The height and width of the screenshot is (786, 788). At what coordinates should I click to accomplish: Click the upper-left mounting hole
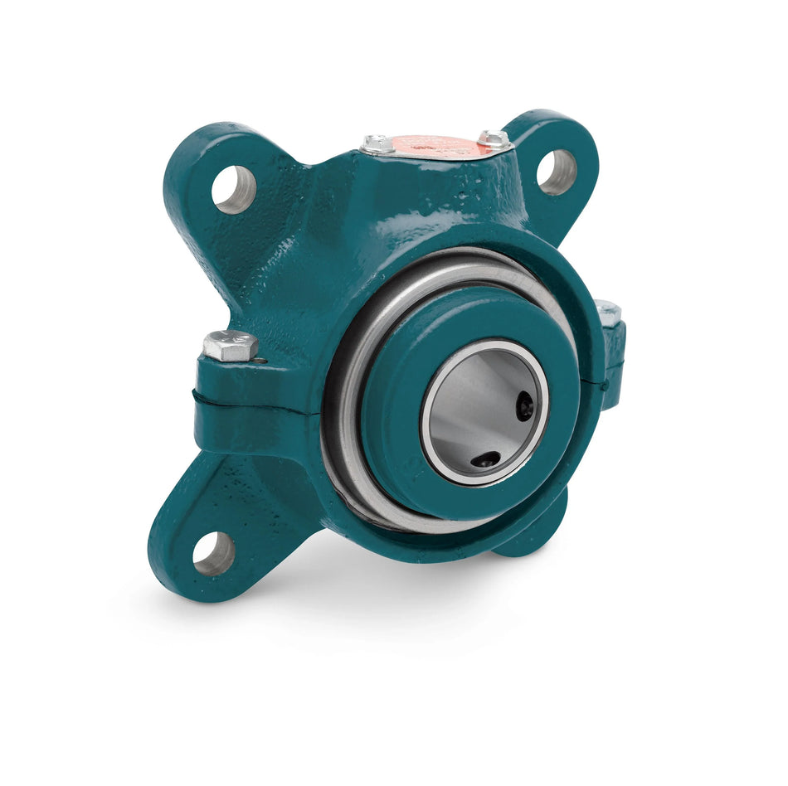point(233,188)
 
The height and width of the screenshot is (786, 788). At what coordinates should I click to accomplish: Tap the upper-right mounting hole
point(556,172)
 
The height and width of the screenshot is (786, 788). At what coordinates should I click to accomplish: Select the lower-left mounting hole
point(213,553)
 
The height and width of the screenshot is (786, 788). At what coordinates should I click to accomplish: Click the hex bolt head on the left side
point(230,345)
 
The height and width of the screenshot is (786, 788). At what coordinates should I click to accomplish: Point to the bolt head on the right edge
point(608,312)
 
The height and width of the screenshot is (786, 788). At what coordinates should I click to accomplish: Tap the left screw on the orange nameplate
point(378,143)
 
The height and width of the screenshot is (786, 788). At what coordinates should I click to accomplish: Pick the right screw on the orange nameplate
point(494,138)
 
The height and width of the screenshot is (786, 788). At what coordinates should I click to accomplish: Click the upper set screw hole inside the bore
point(525,405)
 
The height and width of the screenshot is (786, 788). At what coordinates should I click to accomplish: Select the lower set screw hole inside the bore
point(485,458)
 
